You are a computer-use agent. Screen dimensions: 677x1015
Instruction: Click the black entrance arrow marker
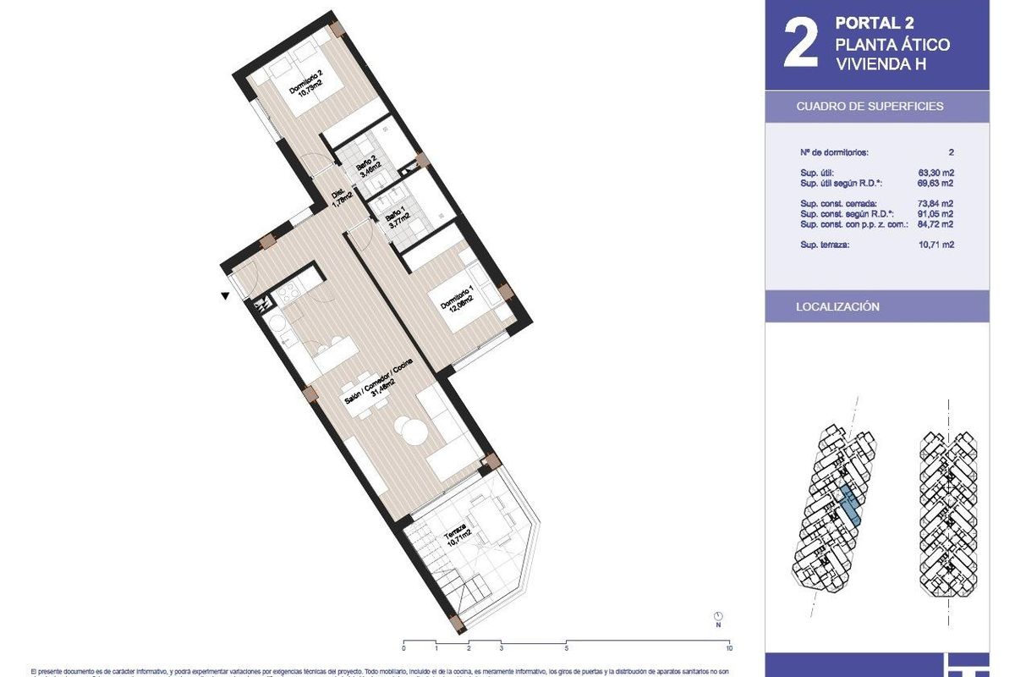(224, 296)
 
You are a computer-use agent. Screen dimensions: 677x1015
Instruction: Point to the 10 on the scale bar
(728, 648)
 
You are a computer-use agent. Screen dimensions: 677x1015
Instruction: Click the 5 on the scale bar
(566, 648)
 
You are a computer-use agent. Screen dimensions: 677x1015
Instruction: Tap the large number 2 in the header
(800, 46)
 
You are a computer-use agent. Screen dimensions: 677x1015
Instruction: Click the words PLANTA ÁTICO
(892, 45)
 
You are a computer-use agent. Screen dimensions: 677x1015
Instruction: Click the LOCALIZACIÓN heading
(837, 306)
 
